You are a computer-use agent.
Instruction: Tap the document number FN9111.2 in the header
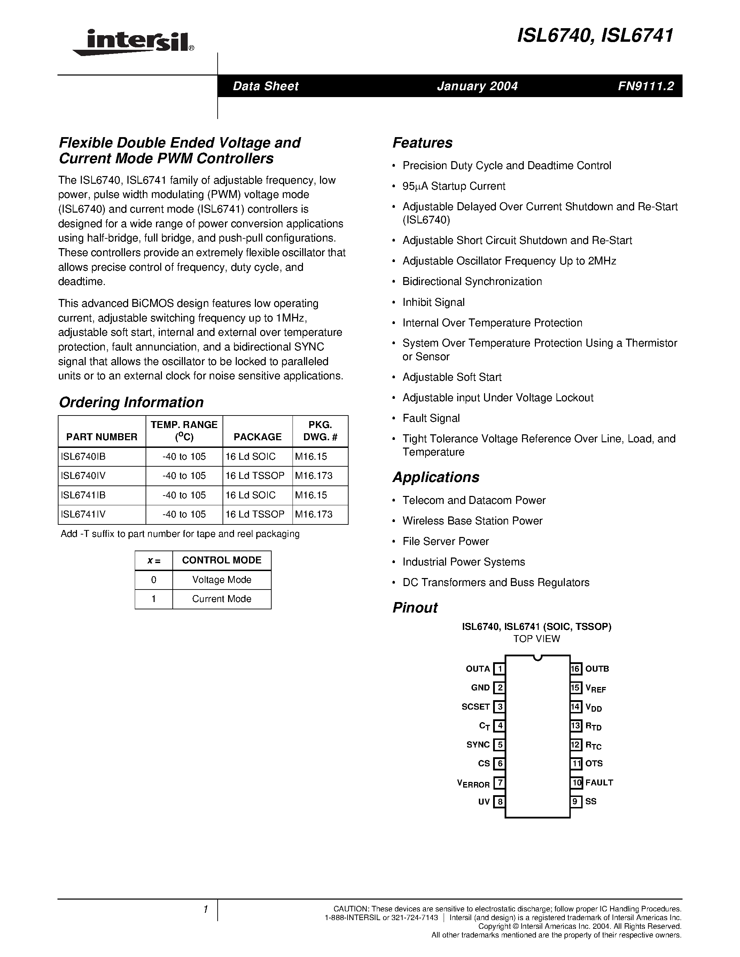coord(645,86)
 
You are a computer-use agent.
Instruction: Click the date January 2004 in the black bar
coord(477,86)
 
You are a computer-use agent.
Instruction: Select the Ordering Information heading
coord(131,402)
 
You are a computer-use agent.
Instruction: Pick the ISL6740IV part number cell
coord(84,475)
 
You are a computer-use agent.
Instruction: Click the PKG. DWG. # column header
coord(320,431)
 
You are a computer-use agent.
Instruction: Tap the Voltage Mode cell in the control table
coord(221,580)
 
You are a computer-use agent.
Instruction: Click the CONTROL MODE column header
coord(221,560)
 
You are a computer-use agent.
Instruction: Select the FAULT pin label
coord(599,782)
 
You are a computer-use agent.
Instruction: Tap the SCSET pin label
coord(475,706)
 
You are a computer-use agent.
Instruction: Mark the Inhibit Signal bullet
coord(433,302)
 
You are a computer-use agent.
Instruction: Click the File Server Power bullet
coord(445,541)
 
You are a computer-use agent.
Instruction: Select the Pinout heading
coord(415,607)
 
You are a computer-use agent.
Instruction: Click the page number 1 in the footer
coord(205,909)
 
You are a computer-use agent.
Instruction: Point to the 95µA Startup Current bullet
coord(453,186)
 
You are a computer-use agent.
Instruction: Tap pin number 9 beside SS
coord(576,801)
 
